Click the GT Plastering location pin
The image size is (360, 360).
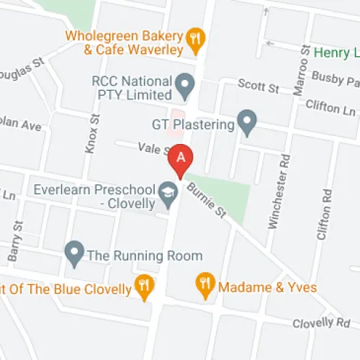click(248, 124)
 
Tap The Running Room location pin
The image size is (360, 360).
click(73, 253)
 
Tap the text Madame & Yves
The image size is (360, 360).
click(267, 287)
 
